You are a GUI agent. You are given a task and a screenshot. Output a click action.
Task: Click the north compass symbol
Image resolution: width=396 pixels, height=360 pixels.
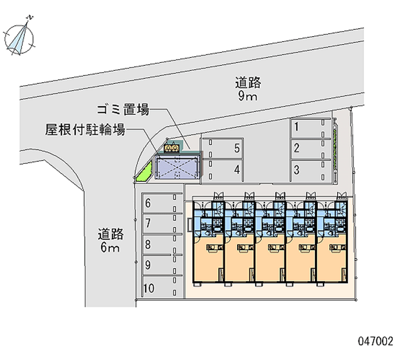[x=20, y=35]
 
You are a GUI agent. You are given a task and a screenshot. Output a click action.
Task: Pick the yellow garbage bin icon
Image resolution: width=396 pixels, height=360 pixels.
[x=172, y=148]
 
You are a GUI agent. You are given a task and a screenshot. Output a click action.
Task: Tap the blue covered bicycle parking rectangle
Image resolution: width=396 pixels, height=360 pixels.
[x=177, y=166]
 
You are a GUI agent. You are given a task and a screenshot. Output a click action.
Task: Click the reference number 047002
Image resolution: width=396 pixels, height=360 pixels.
[x=375, y=341]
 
